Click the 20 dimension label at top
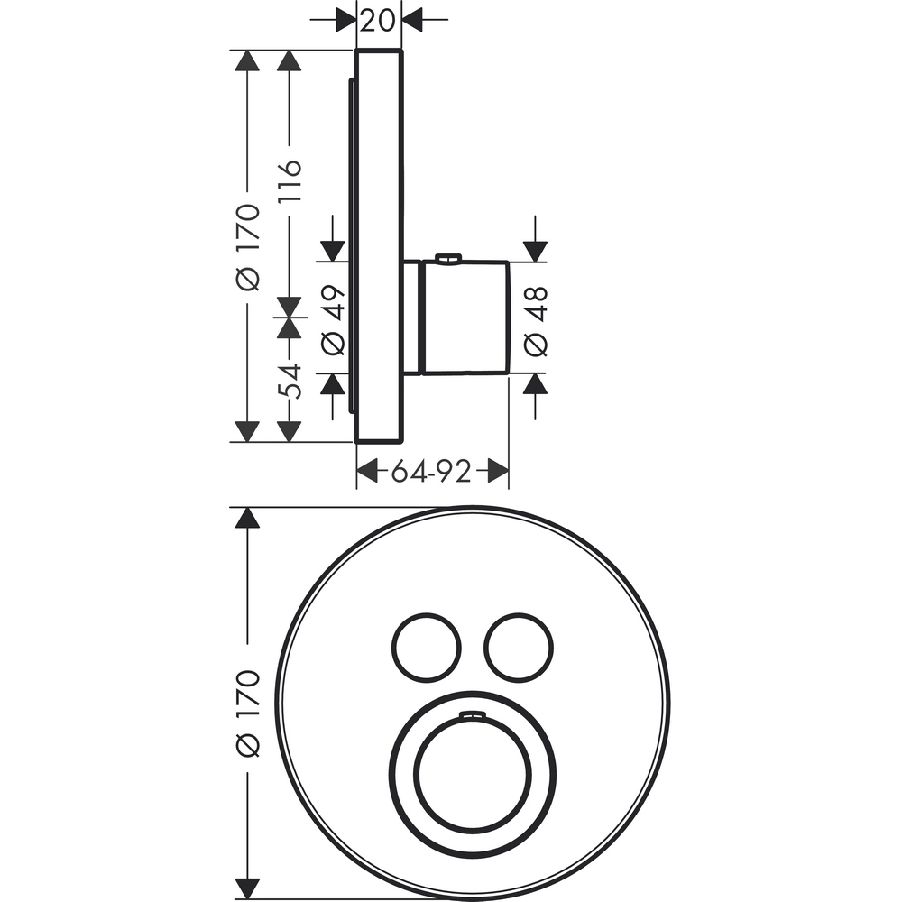coord(379,21)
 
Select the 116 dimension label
coord(290,180)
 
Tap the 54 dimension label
coord(290,381)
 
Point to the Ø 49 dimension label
coord(334,320)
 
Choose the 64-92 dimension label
coord(431,472)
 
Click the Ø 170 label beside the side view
coord(249,246)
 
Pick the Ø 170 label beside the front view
coord(249,713)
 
